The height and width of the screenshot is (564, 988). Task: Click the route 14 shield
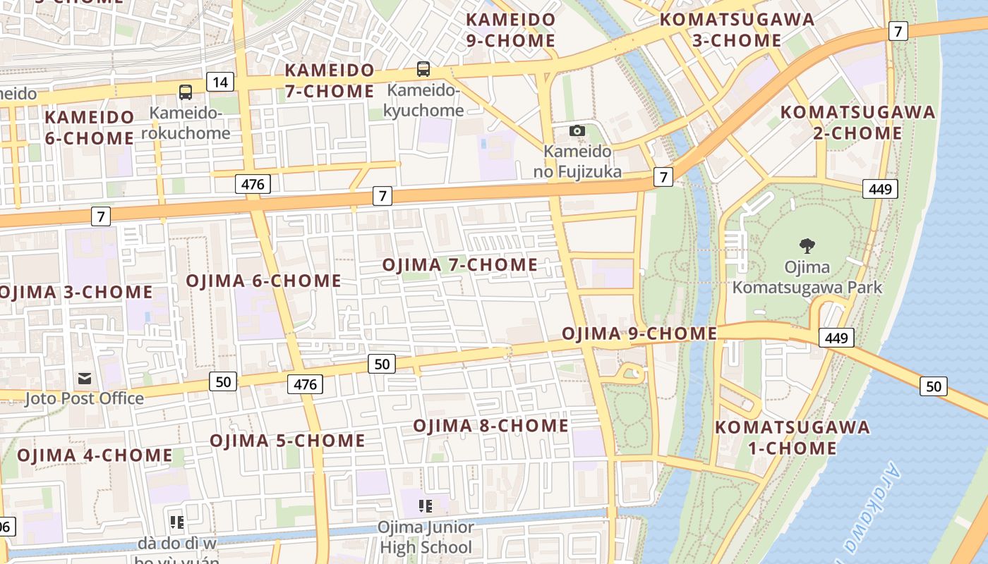[x=220, y=82]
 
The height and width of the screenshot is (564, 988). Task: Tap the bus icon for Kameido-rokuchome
[x=186, y=92]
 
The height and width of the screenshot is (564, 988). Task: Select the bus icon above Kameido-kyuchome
[x=423, y=69]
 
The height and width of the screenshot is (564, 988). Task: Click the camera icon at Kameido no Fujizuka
[x=577, y=130]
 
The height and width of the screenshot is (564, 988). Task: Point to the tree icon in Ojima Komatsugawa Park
[x=807, y=246]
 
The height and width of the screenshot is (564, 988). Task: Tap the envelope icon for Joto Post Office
[x=85, y=379]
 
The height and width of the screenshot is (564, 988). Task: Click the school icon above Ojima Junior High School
[x=425, y=505]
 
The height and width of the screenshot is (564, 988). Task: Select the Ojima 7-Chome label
[x=459, y=265]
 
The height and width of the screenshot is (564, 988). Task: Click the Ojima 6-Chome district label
[x=263, y=281]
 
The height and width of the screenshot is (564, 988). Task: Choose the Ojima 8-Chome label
[x=490, y=426]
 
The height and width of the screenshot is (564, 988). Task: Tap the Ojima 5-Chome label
[x=287, y=441]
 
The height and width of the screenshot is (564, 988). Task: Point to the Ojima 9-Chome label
[x=639, y=333]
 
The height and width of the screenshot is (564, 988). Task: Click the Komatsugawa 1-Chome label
[x=793, y=437]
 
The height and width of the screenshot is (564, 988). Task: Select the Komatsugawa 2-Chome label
[x=857, y=122]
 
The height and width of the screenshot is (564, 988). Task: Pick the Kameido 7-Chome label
[x=330, y=80]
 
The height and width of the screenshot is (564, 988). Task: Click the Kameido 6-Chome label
[x=90, y=127]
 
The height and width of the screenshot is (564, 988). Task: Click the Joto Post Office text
[x=84, y=398]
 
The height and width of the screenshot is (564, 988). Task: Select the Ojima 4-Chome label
[x=95, y=455]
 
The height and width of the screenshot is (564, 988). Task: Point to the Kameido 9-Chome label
[x=511, y=30]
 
